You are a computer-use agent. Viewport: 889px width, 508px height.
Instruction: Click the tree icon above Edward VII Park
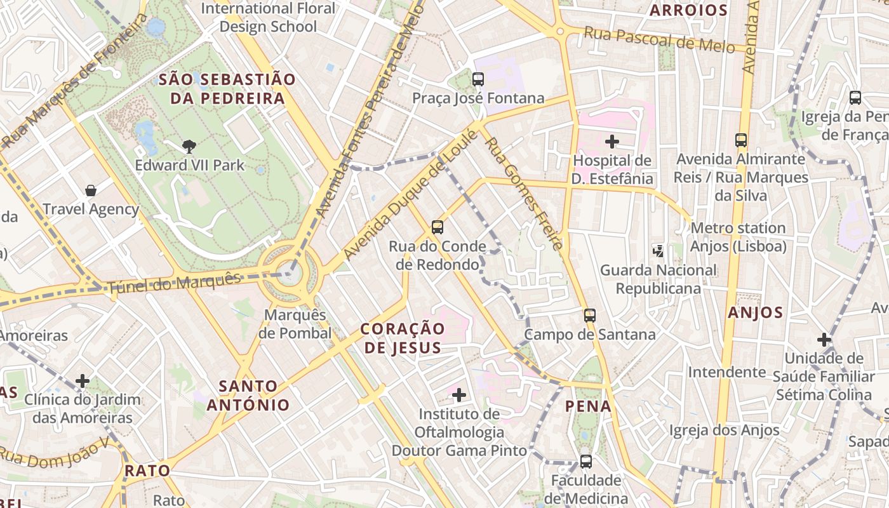coord(189,147)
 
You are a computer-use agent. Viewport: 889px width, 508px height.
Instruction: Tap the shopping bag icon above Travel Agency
coord(91,190)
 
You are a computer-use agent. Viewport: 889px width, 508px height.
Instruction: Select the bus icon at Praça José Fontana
coord(478,79)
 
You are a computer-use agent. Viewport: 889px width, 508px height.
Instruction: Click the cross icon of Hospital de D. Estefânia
coord(612,141)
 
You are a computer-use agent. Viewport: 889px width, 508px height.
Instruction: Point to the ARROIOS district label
coord(688,10)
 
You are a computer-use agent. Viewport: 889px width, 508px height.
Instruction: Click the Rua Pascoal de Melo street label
coord(659,39)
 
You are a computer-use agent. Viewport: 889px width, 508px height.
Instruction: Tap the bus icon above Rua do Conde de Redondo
coord(437,227)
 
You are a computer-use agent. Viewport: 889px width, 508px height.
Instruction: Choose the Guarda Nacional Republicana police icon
coord(658,251)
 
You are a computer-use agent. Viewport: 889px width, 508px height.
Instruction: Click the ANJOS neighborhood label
coord(756,312)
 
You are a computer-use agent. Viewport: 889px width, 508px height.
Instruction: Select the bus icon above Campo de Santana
coord(590,315)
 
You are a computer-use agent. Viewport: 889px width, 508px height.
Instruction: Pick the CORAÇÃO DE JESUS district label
coord(403,338)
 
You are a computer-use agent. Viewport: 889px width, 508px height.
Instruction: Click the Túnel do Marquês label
coord(175,283)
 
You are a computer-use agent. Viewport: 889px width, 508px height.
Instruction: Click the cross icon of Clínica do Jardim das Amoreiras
coord(83,381)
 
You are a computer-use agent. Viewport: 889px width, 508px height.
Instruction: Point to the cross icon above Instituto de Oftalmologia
coord(458,395)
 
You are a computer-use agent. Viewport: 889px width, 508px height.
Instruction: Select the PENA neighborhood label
coord(589,406)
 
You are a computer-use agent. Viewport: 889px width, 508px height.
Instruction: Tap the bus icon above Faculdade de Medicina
coord(585,462)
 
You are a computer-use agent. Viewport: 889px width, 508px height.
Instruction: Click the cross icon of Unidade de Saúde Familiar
coord(824,340)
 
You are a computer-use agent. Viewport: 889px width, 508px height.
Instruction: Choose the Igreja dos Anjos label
coord(725,431)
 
